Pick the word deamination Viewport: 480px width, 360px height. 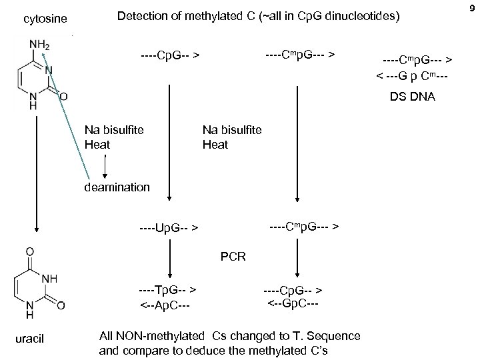[x=117, y=187]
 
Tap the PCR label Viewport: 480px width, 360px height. [x=233, y=255]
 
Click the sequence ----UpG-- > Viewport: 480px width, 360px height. [x=168, y=228]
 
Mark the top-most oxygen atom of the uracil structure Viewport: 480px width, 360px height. [x=29, y=252]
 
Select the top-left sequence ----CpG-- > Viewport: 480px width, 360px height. [x=171, y=53]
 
